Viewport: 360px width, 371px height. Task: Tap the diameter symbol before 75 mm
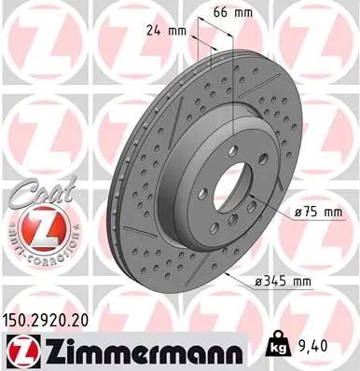tap(297, 214)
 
